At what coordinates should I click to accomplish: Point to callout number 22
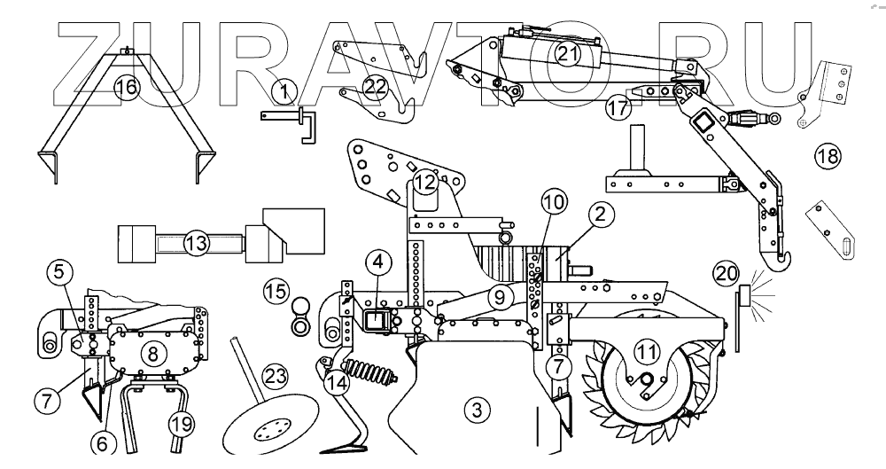coord(377,86)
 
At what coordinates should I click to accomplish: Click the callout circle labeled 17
coord(618,108)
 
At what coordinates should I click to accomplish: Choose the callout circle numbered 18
coord(828,158)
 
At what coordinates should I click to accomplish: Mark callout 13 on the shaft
coord(196,241)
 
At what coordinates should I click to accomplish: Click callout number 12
coord(426,184)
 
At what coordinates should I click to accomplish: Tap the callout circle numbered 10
coord(554,204)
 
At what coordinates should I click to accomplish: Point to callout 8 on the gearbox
coord(152,354)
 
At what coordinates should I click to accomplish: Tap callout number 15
coord(276,290)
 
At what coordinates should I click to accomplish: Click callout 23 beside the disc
coord(276,376)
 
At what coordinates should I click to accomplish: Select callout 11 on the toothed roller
coord(649,352)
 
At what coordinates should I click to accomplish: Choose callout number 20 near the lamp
coord(727,275)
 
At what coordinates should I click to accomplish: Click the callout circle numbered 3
coord(477,410)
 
